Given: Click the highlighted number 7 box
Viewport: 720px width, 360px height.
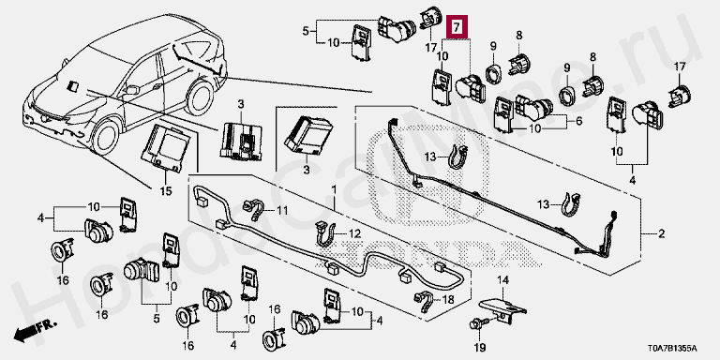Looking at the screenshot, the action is tap(457, 26).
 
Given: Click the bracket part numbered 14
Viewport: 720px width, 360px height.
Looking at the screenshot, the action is tap(502, 308).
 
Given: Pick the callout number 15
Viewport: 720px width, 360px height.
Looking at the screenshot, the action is tap(166, 190).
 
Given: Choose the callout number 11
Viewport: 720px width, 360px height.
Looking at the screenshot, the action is tap(281, 211).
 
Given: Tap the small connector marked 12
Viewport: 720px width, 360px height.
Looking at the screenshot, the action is tap(322, 234).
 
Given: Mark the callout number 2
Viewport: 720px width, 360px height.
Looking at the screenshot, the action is tap(661, 234).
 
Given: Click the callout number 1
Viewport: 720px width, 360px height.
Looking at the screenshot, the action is tap(334, 189).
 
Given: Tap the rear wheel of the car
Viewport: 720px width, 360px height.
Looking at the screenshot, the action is tap(200, 97).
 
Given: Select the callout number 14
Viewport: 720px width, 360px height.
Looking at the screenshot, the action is tap(504, 279).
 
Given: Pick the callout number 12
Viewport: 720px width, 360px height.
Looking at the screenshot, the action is tap(354, 234).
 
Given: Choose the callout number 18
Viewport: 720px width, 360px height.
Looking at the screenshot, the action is tap(448, 300).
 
